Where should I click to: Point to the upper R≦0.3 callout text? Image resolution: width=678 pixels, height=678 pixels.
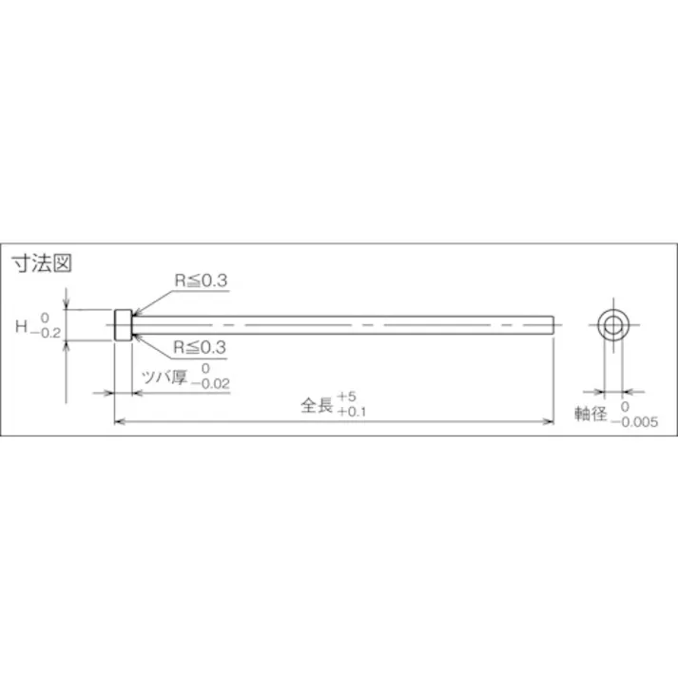(202, 281)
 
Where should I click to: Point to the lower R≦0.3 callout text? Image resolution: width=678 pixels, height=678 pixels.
(202, 348)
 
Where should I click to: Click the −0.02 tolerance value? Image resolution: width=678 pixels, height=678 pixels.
(210, 384)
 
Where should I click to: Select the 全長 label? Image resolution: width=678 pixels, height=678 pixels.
(316, 405)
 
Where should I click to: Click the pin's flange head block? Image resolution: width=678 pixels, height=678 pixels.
(122, 325)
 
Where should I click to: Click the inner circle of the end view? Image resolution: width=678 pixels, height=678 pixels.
(612, 325)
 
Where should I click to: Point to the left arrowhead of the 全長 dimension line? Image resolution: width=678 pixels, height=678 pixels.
(119, 421)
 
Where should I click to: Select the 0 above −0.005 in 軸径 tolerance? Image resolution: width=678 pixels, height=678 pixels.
(624, 406)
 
